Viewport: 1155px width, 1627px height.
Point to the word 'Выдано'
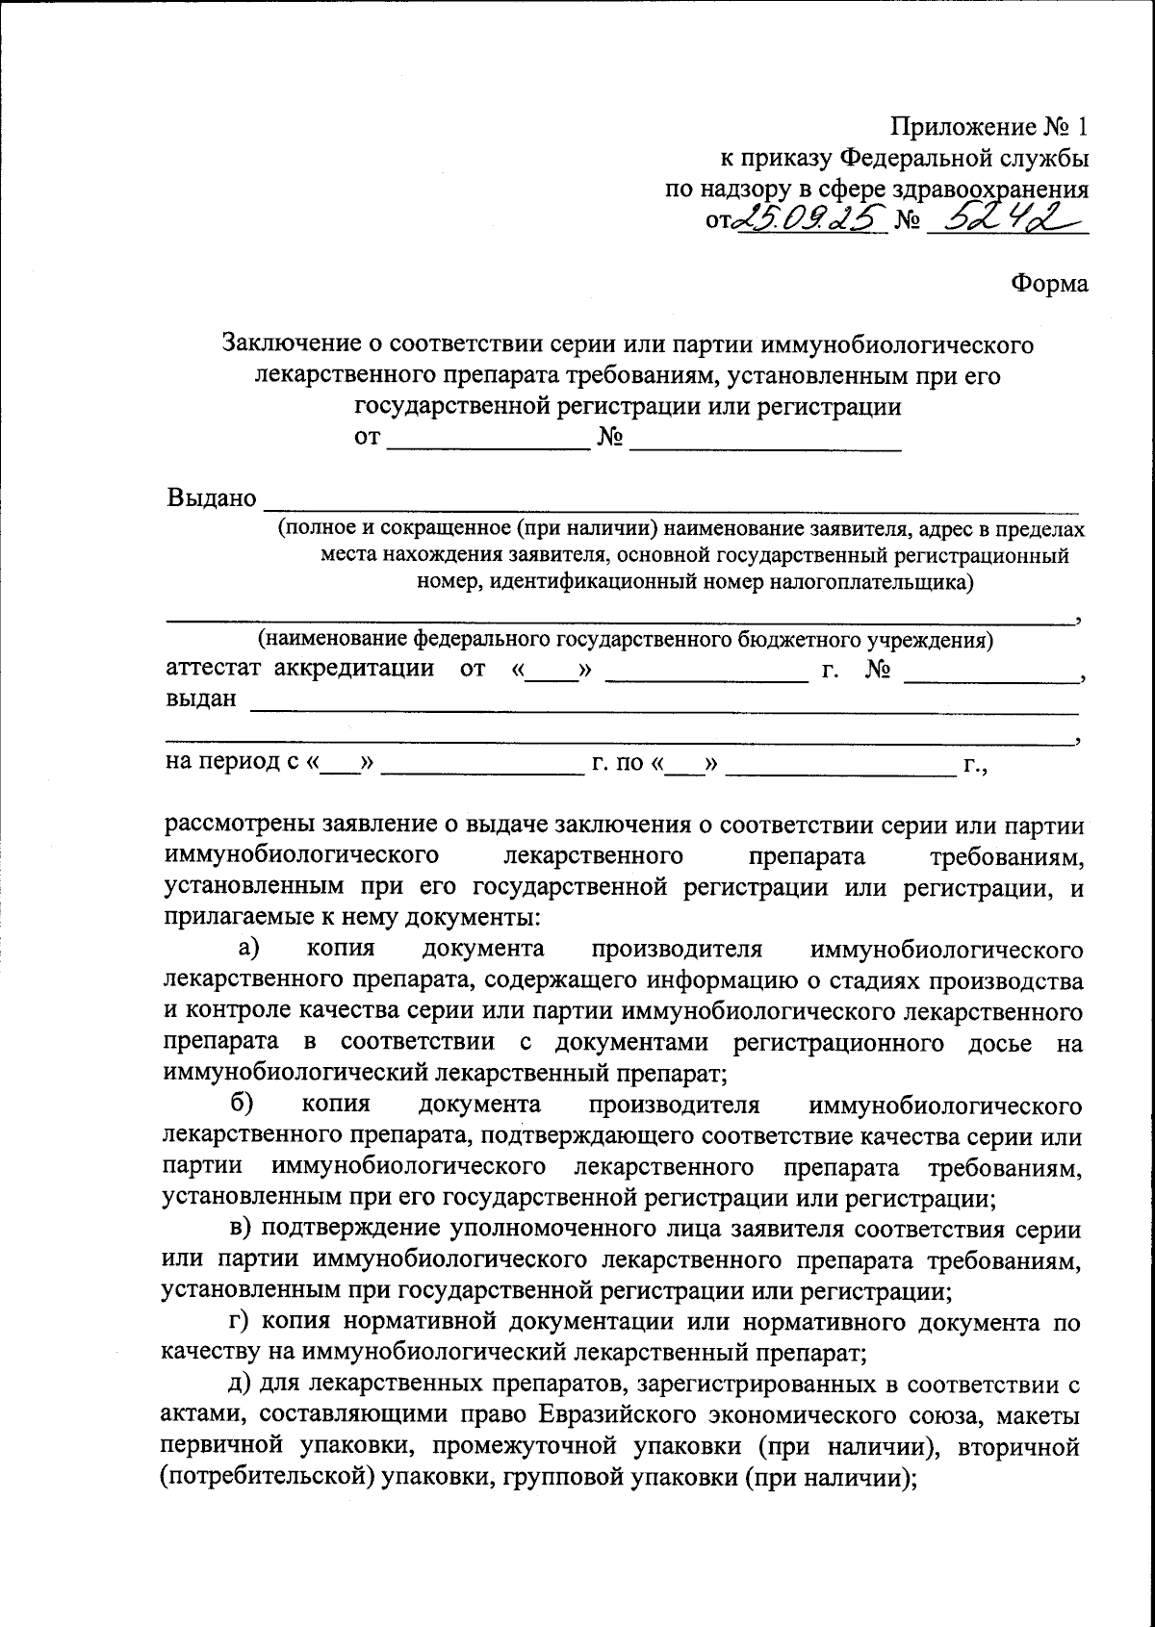pos(212,498)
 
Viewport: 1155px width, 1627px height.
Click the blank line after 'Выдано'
pos(671,502)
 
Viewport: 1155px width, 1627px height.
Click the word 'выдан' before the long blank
pos(201,699)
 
